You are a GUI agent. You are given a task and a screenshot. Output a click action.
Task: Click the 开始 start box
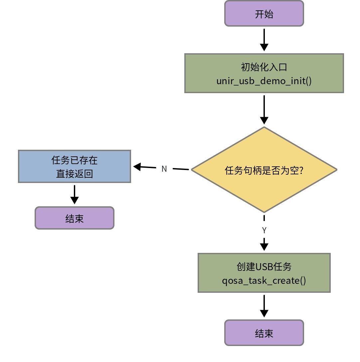tap(264, 13)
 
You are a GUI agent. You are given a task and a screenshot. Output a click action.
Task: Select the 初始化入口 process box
tap(264, 73)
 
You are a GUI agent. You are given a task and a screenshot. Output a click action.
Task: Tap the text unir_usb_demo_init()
tap(264, 81)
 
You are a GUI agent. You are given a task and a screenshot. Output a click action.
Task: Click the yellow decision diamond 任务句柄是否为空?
tap(264, 170)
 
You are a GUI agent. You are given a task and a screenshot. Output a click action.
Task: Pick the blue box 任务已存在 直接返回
tap(74, 166)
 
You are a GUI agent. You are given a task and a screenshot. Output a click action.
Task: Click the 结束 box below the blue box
tap(74, 218)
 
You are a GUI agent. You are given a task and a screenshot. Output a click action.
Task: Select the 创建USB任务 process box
tap(264, 272)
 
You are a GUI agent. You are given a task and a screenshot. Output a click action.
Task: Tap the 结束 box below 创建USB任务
tap(264, 333)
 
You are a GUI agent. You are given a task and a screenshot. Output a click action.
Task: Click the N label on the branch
tap(164, 169)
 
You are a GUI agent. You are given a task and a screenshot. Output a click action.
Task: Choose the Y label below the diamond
tap(264, 230)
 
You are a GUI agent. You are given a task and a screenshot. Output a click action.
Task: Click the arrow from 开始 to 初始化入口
tap(264, 40)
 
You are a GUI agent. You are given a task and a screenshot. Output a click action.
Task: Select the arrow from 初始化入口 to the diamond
tap(264, 110)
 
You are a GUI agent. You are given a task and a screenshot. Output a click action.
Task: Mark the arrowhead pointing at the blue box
tap(137, 167)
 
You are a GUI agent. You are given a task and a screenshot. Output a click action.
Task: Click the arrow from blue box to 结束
tap(74, 194)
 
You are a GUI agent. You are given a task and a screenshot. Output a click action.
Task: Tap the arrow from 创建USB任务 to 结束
tap(264, 306)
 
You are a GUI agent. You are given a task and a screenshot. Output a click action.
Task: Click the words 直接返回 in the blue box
tap(74, 174)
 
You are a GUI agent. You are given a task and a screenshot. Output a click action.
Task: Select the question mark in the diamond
tap(301, 170)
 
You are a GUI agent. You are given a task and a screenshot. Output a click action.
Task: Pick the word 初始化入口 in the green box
tap(264, 67)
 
